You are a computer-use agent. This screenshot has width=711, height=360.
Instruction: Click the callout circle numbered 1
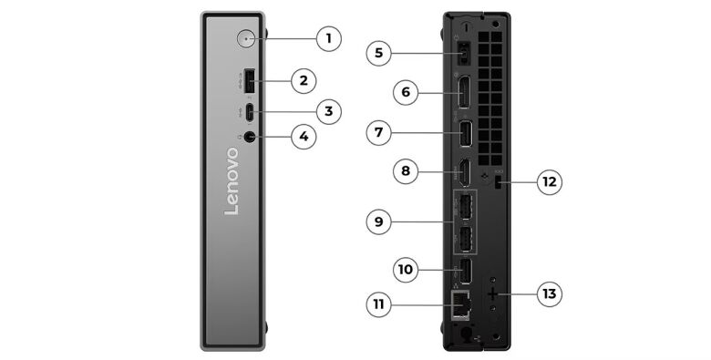[329, 38]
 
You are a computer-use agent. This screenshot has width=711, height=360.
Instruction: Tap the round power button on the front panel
[249, 38]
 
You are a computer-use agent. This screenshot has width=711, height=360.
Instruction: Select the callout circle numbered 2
[304, 80]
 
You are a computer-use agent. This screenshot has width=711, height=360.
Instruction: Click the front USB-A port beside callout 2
[250, 81]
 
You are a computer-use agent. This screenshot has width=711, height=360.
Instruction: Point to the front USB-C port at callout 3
[250, 113]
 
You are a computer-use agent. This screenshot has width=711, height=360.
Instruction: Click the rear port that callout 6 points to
[462, 93]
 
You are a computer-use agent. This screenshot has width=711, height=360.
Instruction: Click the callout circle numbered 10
[407, 269]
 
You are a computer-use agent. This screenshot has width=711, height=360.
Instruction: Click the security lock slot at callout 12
[498, 183]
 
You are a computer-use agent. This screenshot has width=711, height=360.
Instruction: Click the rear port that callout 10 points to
[462, 270]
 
